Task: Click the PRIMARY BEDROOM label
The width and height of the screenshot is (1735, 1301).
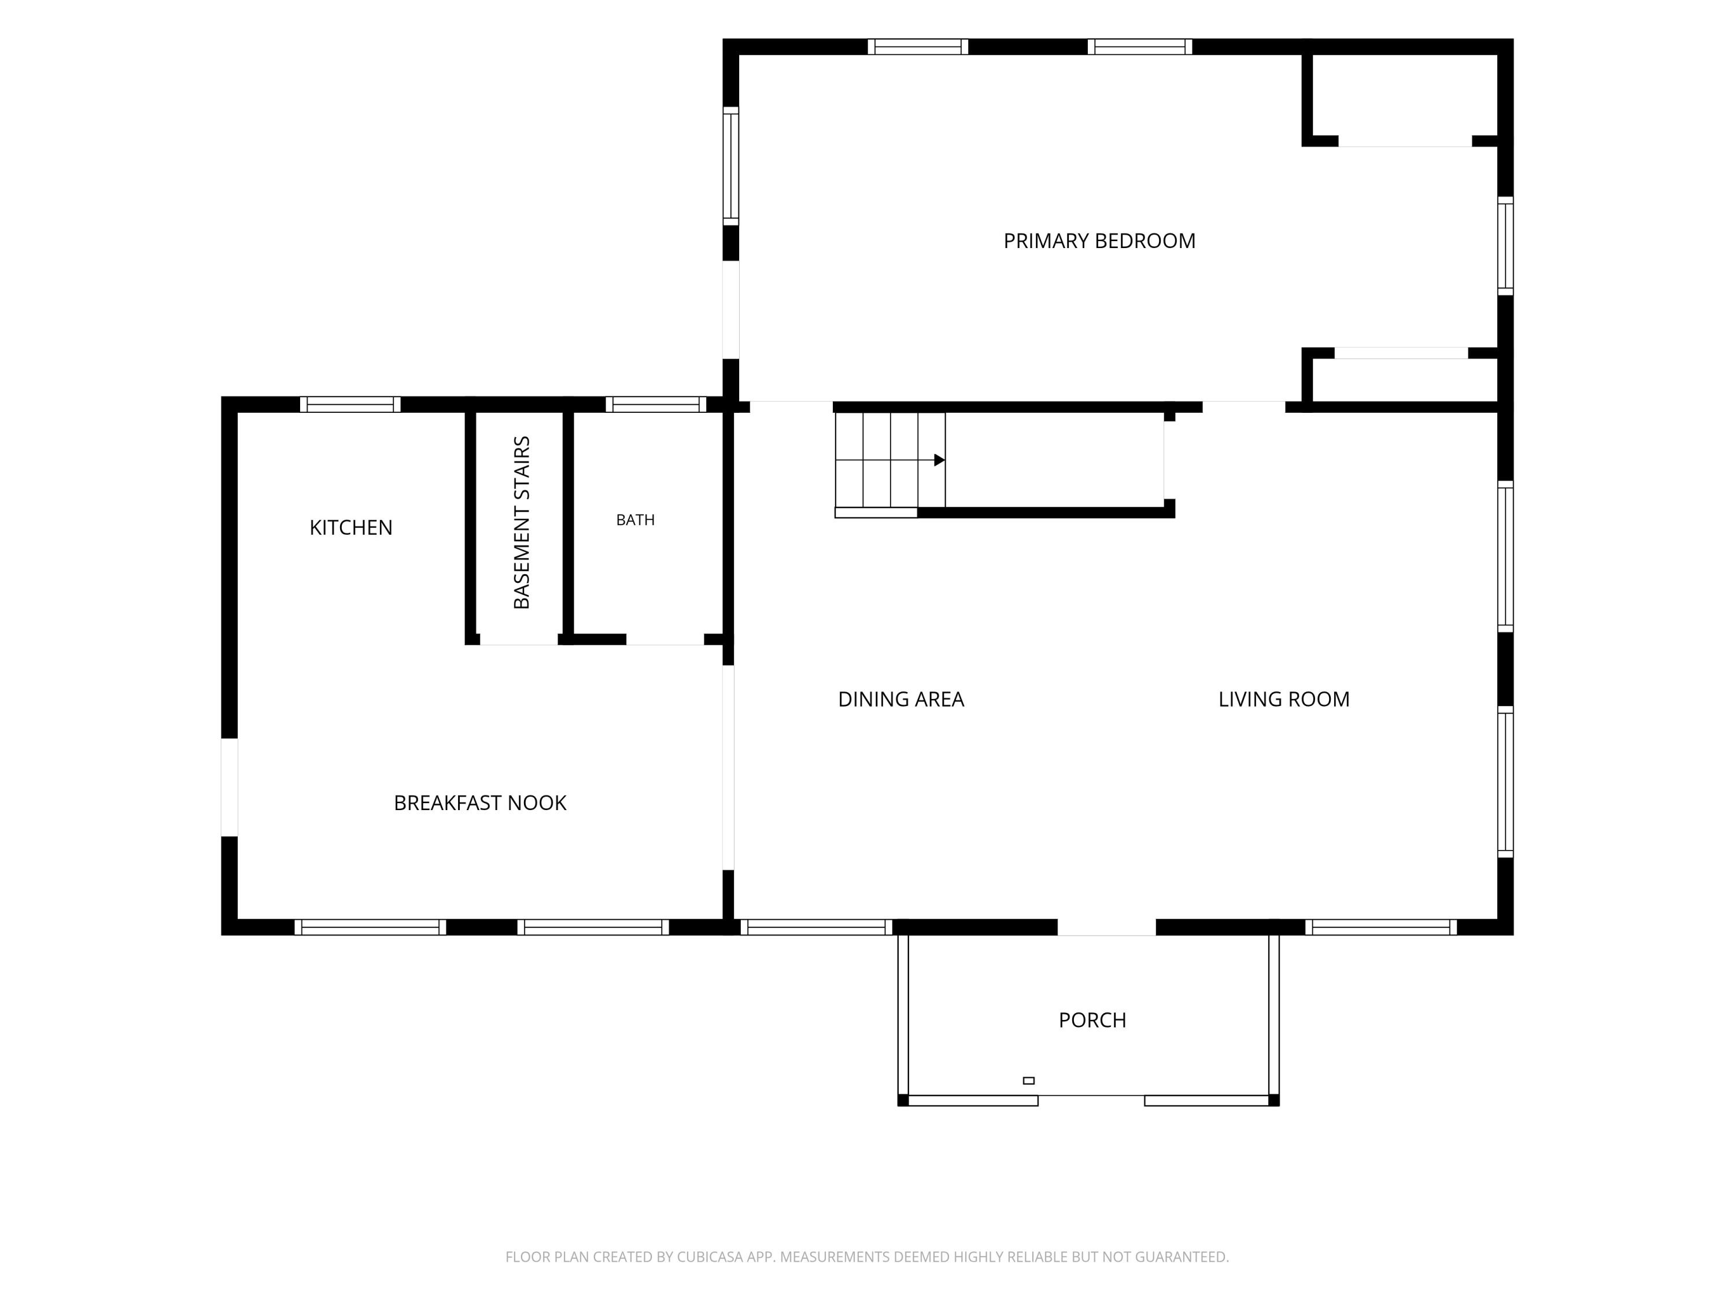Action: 1099,241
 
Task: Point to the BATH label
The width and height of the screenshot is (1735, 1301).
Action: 636,520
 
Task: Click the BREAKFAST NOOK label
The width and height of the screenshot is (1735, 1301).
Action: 480,803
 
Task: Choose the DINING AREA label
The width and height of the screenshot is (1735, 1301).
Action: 900,700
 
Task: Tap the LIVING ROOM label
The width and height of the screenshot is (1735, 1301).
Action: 1284,700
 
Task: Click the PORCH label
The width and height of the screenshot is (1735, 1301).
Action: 1092,1020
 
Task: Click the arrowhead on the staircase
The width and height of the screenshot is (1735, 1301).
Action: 940,460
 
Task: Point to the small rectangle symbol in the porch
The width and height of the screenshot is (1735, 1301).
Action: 1028,1081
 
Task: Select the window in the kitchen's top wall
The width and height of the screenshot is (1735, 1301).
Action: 350,405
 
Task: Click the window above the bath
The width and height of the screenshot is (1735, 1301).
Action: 656,405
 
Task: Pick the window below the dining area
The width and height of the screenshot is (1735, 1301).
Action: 817,927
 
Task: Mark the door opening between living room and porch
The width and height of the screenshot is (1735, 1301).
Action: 1107,927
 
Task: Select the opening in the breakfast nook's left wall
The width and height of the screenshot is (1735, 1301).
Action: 229,788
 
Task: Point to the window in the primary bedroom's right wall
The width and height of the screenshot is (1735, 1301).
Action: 1505,246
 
